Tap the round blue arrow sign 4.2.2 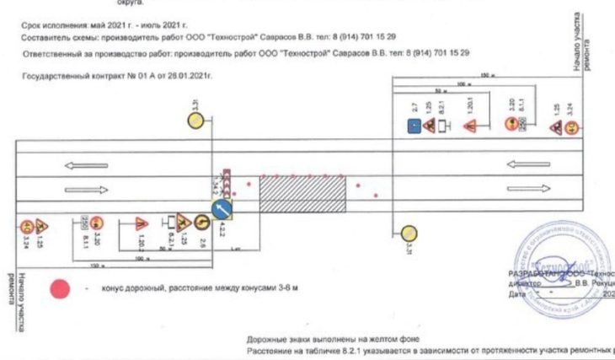point(223,207)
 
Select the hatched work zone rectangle point(302,194)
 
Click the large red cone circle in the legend point(60,288)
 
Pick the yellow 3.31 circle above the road point(195,121)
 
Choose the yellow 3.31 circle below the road point(409,233)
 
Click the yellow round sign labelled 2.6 point(202,223)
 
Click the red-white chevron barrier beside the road point(223,178)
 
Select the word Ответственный point(47,52)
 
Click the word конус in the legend point(113,288)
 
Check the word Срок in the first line point(29,27)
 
